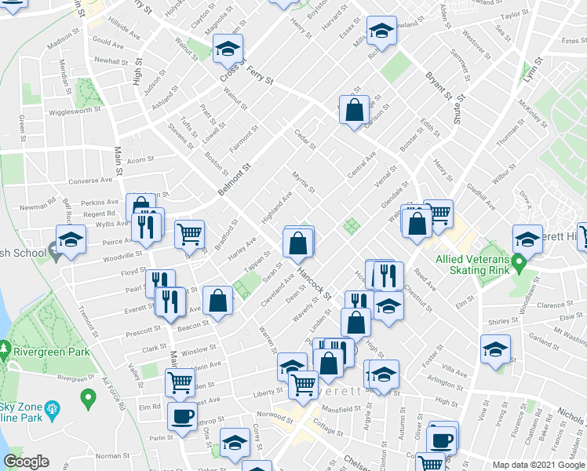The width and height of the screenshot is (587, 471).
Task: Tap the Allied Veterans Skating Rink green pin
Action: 519,261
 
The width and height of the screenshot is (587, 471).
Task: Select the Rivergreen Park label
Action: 38,363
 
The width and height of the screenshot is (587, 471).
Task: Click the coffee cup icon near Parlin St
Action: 183,417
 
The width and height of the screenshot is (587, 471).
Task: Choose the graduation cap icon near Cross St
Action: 228,48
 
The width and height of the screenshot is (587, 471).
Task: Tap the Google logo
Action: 26,462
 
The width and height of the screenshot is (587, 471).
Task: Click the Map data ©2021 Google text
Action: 538,465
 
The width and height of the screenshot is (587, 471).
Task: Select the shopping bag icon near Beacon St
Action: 218,300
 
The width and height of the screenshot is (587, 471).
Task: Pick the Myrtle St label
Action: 304,184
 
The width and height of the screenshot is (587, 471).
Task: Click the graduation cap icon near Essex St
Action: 381,31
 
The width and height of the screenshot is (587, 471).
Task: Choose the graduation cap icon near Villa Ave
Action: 495,349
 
